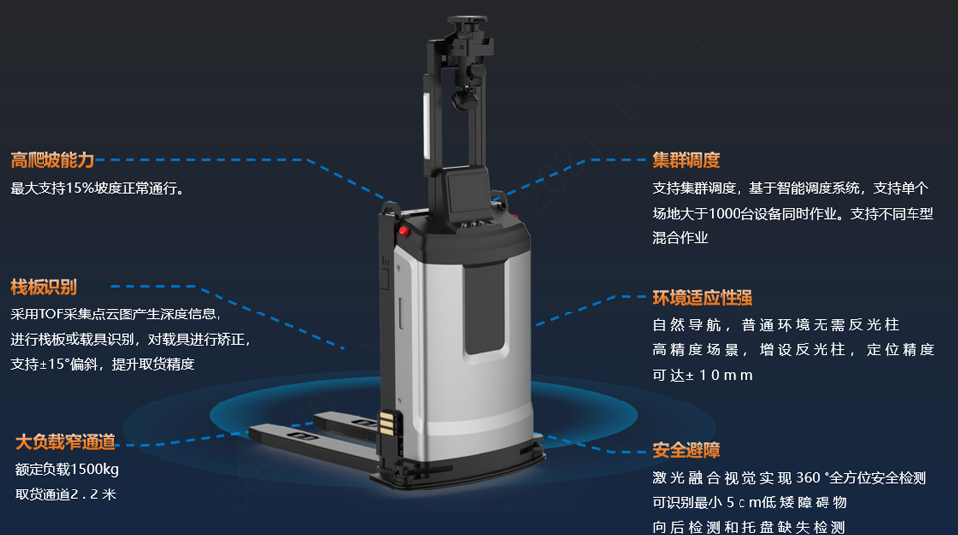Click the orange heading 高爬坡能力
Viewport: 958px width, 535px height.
[52, 160]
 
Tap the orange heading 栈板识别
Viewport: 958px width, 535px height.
[44, 287]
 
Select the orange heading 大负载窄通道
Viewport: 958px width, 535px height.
[65, 441]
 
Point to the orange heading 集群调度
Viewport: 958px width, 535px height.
[686, 160]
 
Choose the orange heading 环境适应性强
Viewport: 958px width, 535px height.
[703, 297]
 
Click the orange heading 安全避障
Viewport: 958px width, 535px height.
[686, 450]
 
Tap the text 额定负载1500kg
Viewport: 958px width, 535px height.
[66, 469]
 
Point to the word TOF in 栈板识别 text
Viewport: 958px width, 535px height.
[50, 314]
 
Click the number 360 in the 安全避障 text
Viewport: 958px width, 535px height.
[808, 478]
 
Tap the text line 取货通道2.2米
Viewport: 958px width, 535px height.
[65, 494]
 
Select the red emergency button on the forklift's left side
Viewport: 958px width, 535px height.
[403, 231]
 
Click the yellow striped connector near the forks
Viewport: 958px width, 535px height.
[387, 423]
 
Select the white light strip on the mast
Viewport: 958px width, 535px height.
[428, 126]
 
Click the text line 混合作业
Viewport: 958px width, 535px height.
[680, 238]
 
